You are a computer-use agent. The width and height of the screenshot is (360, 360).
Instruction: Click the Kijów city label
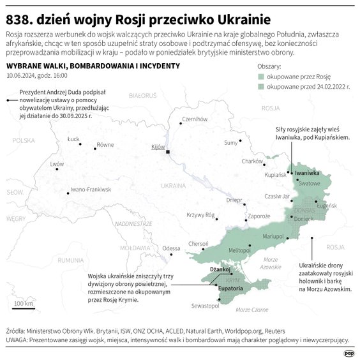(x=158, y=147)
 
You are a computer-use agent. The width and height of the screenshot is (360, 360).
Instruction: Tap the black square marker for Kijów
(x=168, y=152)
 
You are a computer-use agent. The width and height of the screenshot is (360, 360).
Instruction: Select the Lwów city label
(x=57, y=164)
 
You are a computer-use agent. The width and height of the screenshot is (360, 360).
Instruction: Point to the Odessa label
(x=171, y=248)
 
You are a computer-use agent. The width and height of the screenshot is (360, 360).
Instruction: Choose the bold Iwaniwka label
(x=306, y=173)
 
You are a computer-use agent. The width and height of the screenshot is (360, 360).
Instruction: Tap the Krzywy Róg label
(x=200, y=215)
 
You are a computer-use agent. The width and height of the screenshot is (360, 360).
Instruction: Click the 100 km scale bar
(x=24, y=307)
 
